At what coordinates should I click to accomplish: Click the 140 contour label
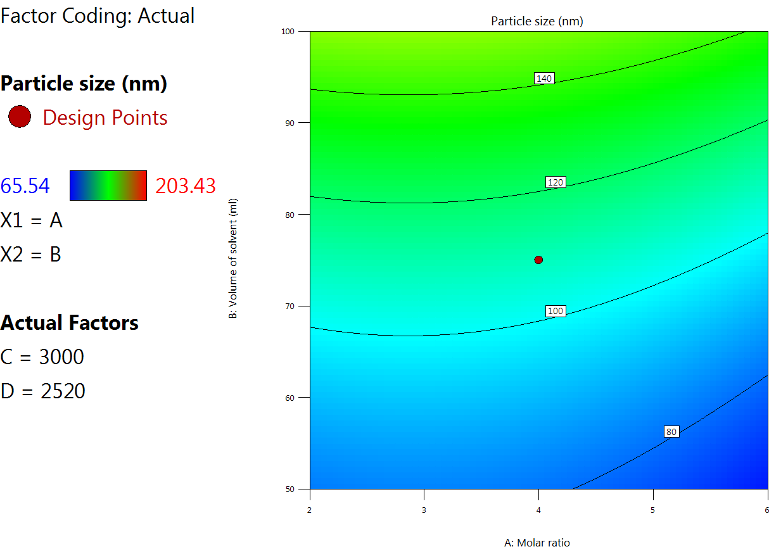(544, 79)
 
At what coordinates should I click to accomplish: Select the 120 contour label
(555, 182)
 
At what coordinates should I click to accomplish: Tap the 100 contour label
(555, 311)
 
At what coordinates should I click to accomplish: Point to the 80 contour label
(671, 432)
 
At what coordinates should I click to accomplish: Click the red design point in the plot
(538, 260)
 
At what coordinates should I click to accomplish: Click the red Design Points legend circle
(20, 117)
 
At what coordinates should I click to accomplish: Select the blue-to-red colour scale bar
(108, 186)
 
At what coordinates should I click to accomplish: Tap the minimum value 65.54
(25, 186)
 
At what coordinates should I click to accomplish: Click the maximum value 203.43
(186, 186)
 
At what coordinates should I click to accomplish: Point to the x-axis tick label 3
(424, 510)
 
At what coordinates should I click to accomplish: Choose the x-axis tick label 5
(652, 510)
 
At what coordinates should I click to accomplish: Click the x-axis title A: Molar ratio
(537, 542)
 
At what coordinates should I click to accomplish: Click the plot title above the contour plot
(537, 21)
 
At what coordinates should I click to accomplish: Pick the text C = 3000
(42, 357)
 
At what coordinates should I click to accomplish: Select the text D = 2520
(43, 391)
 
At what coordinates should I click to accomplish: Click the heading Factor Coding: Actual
(98, 15)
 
